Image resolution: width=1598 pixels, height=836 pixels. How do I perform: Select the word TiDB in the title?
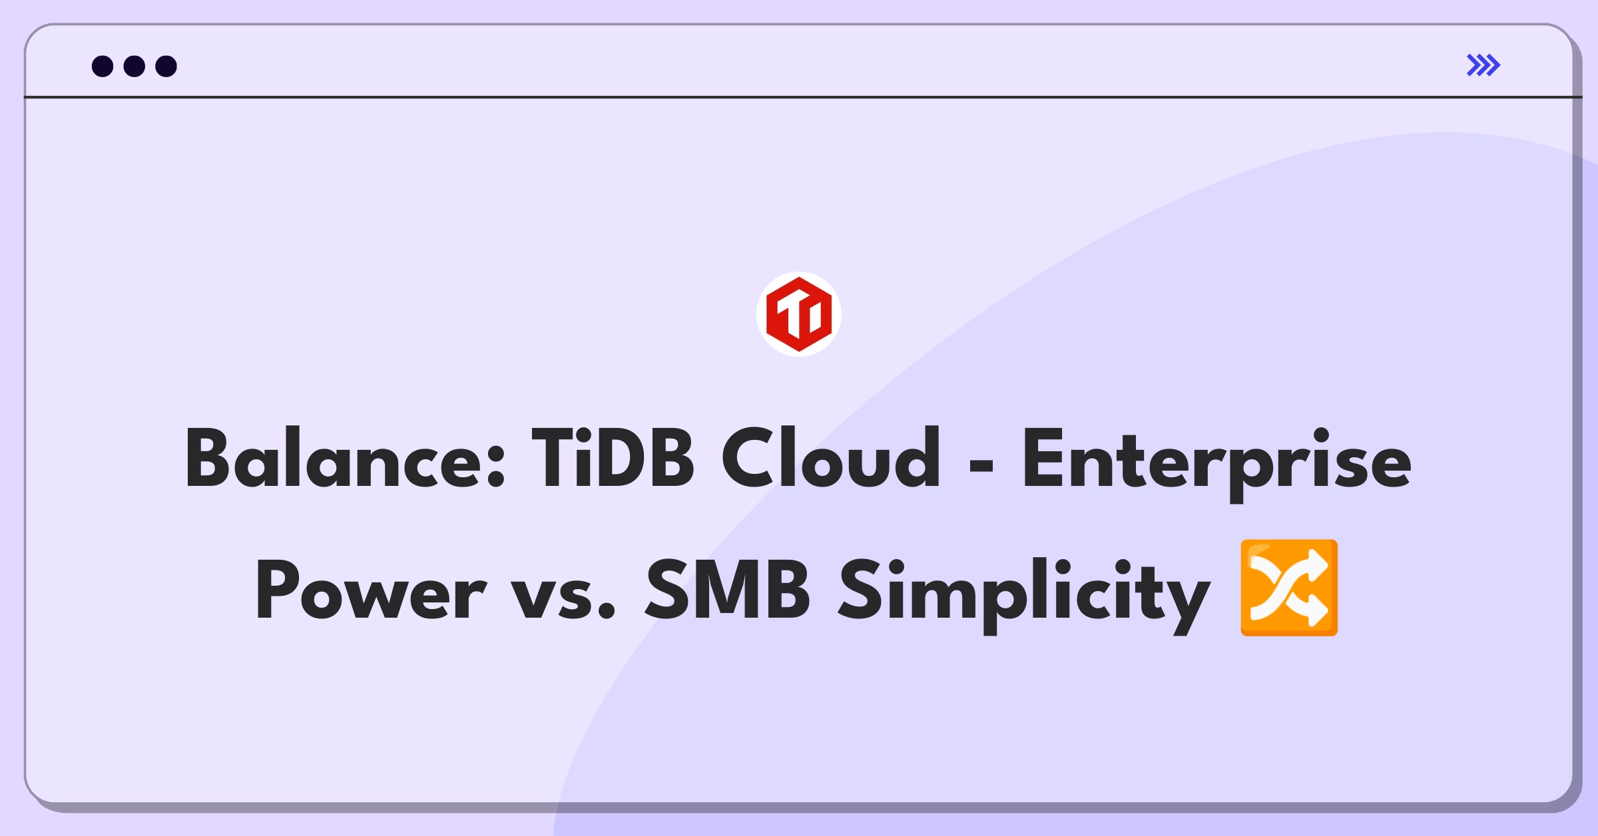613,457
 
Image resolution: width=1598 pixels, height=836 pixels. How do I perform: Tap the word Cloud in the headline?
831,457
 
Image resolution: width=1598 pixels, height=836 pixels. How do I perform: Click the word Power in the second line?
372,590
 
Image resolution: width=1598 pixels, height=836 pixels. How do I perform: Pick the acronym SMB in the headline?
728,588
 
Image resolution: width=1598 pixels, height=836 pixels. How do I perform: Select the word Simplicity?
1024,595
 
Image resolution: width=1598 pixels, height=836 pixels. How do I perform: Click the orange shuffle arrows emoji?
1289,588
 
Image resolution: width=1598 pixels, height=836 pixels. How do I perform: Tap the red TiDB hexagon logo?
799,314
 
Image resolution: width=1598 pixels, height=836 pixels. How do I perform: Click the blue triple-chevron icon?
1483,65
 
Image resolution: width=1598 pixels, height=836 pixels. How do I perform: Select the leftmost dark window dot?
103,66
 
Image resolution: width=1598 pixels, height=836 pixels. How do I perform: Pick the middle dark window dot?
134,66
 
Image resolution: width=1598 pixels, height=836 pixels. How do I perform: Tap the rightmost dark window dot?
166,66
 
